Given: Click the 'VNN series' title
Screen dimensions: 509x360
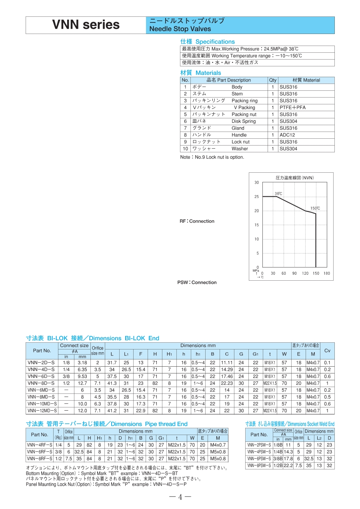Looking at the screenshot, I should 86,25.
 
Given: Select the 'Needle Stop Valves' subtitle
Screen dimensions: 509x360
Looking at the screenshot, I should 180,29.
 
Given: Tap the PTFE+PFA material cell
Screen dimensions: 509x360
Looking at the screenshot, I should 292,108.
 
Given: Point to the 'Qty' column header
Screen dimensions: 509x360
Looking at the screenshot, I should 272,80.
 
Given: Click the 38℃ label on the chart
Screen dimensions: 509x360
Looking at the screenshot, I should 278,194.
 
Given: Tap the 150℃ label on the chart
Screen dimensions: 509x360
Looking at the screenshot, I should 315,208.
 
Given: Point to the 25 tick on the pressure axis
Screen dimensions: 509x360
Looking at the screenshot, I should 256,197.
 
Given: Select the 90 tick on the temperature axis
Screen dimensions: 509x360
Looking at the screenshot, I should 294,273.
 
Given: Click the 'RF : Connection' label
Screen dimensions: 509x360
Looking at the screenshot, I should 197,221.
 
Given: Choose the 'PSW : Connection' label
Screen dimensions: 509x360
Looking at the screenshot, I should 197,282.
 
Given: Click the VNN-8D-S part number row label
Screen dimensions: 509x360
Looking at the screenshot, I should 41,383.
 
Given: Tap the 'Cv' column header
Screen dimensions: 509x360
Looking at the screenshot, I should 327,351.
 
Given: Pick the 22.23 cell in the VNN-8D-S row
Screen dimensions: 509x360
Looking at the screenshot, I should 226,383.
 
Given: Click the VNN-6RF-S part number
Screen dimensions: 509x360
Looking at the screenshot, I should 40,452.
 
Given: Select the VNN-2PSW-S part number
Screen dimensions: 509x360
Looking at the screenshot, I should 259,445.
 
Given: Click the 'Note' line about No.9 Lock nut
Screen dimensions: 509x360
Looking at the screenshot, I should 212,157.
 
